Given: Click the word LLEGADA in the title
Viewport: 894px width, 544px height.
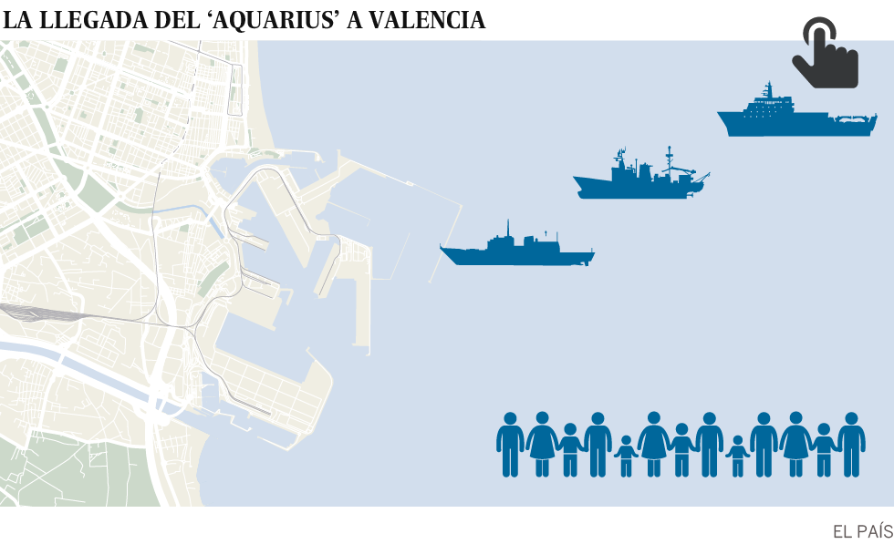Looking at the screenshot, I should tap(90, 20).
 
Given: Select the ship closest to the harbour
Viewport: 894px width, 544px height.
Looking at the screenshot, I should tap(517, 250).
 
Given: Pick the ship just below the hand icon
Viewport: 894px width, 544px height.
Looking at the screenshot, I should tap(795, 117).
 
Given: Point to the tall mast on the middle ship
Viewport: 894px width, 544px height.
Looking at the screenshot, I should tap(669, 157).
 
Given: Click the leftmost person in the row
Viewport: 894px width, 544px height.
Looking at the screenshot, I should tap(510, 444).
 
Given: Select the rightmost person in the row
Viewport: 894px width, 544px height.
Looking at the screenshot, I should tap(851, 444).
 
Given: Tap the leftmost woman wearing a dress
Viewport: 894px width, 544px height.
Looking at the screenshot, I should tap(542, 444).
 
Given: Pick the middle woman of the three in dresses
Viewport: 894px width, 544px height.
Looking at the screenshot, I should tap(653, 444).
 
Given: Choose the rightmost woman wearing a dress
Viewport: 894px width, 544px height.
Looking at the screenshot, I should tap(795, 444).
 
